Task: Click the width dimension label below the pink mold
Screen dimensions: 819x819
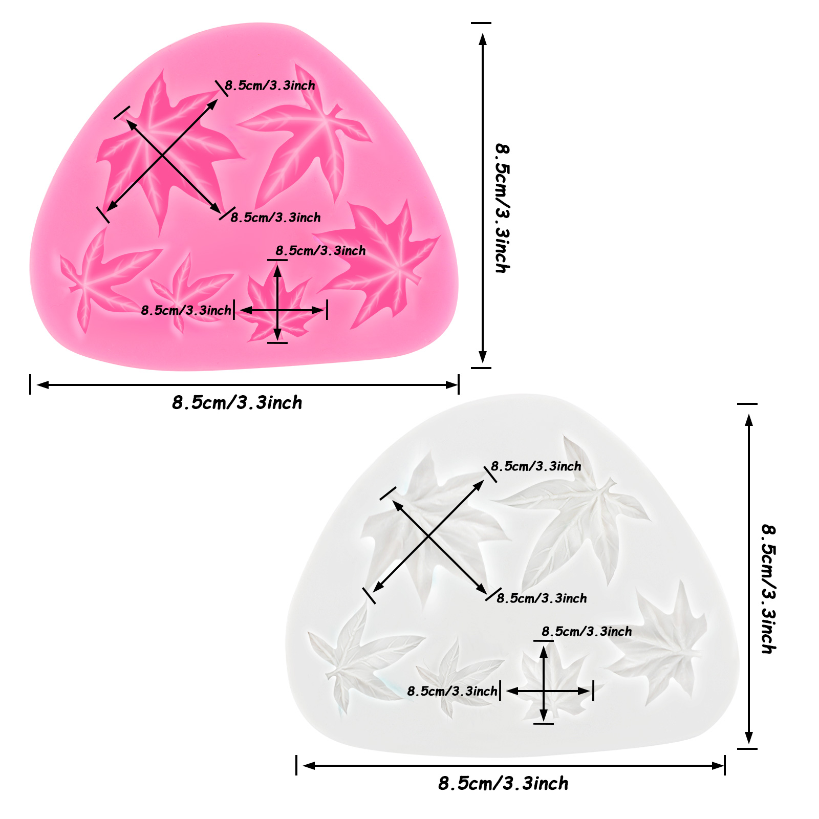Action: click(x=237, y=403)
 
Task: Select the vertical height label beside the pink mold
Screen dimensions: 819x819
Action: click(x=503, y=208)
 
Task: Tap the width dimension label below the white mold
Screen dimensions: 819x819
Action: click(x=503, y=783)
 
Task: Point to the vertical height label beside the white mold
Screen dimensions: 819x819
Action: click(x=769, y=589)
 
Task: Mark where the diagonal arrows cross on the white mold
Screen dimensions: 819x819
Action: click(x=429, y=536)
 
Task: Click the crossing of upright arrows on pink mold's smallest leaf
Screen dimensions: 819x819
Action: click(x=277, y=310)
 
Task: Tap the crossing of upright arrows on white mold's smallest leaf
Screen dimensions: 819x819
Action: click(x=544, y=691)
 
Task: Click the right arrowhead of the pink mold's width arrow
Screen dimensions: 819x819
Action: click(x=452, y=385)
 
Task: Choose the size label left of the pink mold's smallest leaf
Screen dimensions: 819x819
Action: click(x=186, y=310)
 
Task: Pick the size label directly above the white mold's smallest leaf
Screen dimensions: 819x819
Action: click(x=587, y=632)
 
